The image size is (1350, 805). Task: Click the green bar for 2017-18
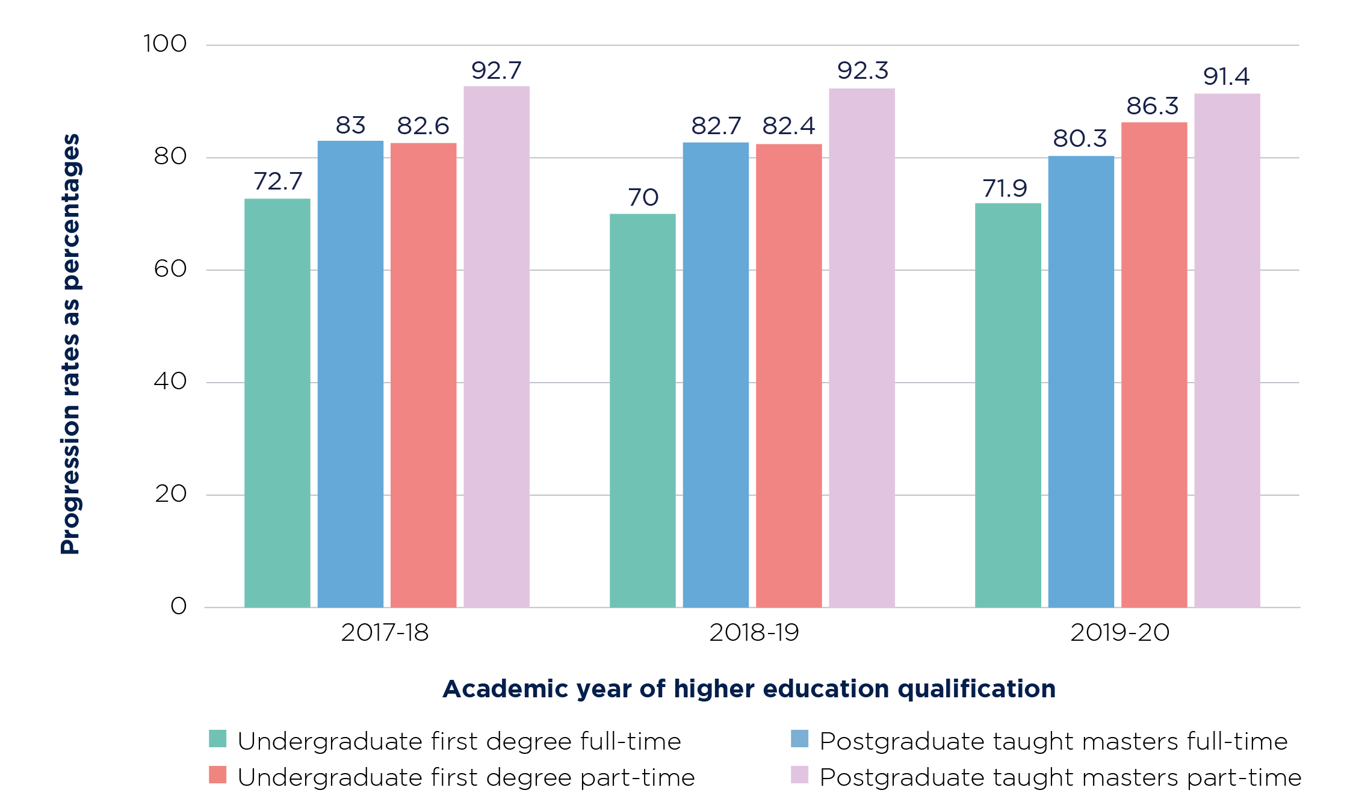(x=277, y=403)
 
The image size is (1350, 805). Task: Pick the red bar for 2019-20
(x=1154, y=365)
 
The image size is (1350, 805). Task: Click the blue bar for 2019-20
(x=1081, y=381)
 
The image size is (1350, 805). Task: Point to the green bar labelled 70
(x=642, y=410)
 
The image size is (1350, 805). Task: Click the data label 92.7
(x=496, y=71)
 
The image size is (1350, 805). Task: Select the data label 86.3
(x=1152, y=106)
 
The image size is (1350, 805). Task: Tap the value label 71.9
(x=1005, y=189)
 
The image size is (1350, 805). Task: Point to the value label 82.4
(x=788, y=126)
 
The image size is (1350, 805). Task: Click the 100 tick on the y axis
(x=165, y=44)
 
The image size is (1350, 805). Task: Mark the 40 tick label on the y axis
(x=170, y=381)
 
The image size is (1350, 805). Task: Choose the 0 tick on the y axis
(x=179, y=606)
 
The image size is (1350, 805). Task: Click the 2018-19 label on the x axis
(x=754, y=633)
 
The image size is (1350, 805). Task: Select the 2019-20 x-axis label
(x=1119, y=633)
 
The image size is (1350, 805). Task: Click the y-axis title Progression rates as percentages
(x=70, y=343)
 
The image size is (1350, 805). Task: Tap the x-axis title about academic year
(x=749, y=689)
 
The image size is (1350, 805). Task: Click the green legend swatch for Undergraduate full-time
(x=217, y=739)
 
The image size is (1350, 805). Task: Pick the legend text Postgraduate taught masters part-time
(x=1060, y=778)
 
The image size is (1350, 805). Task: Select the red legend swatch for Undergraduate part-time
(x=217, y=775)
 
